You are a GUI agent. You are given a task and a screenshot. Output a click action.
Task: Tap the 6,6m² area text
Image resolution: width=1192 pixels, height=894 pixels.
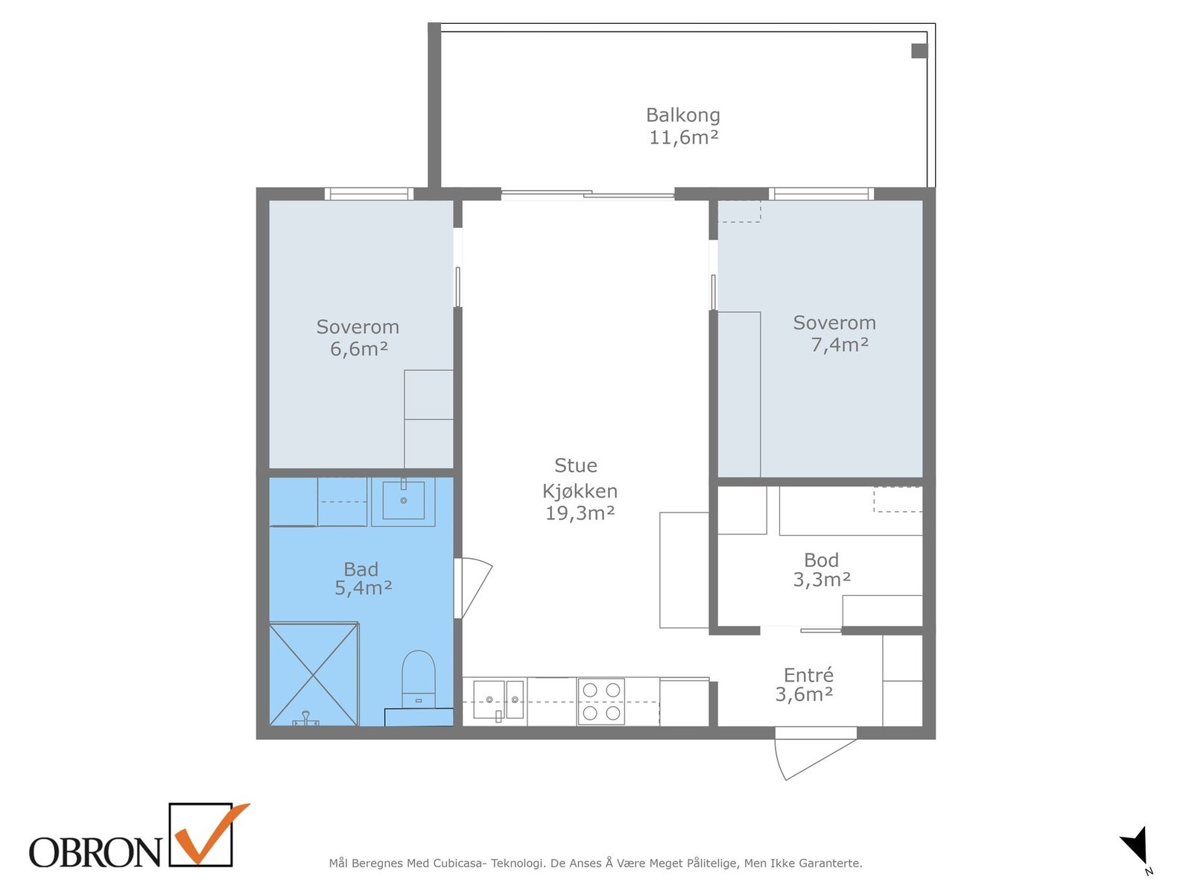click(x=358, y=349)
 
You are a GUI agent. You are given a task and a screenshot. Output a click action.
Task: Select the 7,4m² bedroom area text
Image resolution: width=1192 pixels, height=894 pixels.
click(x=839, y=345)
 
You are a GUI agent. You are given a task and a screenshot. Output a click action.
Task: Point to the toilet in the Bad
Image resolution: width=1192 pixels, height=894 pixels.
click(x=418, y=680)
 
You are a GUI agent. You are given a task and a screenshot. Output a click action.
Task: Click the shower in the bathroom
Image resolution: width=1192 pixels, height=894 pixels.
click(x=314, y=673)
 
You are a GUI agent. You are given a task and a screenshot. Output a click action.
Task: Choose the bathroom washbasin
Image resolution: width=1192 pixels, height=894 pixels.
click(x=403, y=501)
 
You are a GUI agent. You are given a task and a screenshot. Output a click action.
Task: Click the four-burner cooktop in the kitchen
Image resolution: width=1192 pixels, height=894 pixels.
click(x=601, y=701)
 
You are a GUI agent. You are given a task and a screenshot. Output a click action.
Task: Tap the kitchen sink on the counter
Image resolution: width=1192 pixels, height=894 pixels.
click(x=498, y=700)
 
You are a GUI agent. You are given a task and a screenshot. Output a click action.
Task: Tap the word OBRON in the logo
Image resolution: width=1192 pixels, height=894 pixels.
click(x=95, y=852)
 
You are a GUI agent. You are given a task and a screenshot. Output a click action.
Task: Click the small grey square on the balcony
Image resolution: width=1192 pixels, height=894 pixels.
click(x=919, y=51)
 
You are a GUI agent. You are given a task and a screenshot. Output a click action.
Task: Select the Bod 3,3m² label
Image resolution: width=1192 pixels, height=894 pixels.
click(x=821, y=569)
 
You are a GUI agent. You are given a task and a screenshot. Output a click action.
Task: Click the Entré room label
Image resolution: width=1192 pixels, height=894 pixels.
click(x=808, y=675)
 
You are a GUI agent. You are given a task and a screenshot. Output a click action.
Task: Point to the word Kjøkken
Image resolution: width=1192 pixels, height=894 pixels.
click(x=580, y=491)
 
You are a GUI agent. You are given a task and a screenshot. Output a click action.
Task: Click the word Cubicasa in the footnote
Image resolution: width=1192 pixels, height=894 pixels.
click(x=459, y=863)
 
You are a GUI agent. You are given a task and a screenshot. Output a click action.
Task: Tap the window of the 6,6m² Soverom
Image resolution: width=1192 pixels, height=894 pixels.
click(x=370, y=194)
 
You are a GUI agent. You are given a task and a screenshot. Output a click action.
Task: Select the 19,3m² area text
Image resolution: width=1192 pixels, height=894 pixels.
click(x=580, y=513)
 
